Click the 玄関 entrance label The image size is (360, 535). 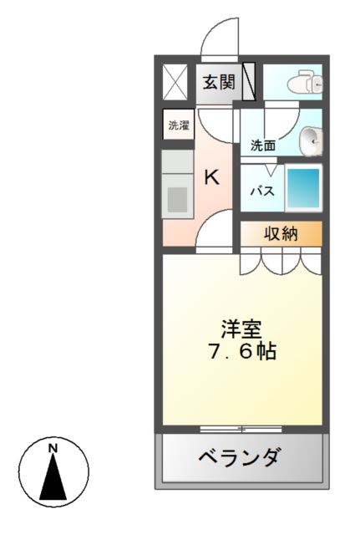pos(217,83)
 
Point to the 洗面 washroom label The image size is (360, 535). pos(263,145)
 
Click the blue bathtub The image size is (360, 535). pos(303,189)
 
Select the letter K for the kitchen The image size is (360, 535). pos(212,177)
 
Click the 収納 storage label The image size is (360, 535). pos(281,234)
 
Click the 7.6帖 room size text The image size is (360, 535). pos(241,351)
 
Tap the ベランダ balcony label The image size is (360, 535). pos(239,457)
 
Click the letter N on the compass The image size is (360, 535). pos(53,448)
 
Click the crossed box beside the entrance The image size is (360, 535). pos(175,82)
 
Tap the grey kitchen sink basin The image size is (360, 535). pos(178,201)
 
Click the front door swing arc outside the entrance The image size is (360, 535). pos(220,38)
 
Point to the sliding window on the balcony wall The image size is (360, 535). pos(241,429)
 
